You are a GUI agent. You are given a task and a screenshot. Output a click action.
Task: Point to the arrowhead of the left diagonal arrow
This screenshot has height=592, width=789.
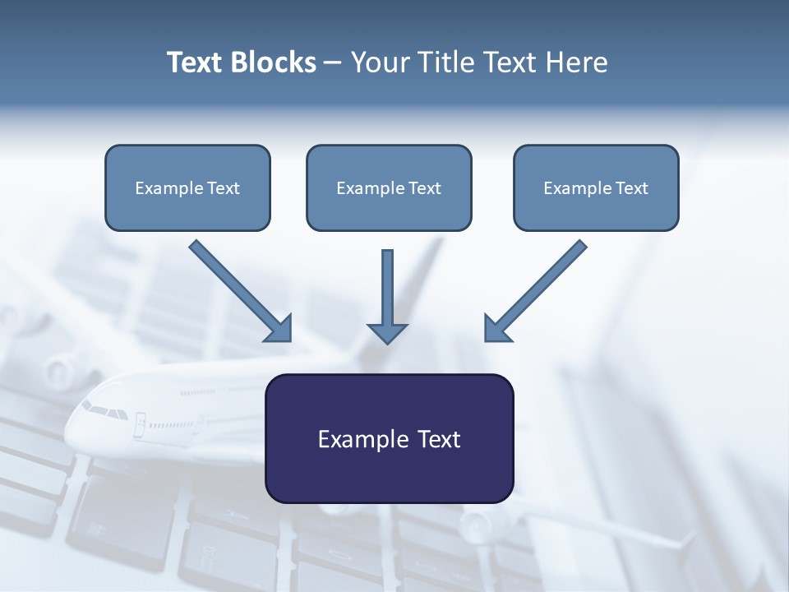pos(279,329)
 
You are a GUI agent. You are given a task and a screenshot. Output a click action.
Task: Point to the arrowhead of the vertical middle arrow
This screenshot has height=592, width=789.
pos(387,333)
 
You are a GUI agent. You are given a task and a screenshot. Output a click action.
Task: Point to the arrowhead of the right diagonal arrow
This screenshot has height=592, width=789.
pos(496,329)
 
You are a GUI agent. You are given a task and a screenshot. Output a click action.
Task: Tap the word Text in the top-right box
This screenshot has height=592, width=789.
pos(631,188)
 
